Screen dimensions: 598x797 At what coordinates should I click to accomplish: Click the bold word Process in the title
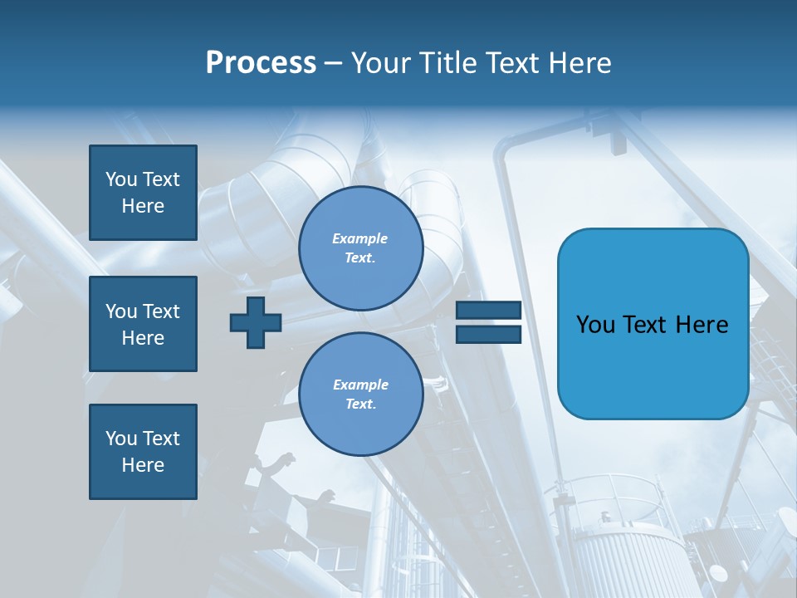pos(261,63)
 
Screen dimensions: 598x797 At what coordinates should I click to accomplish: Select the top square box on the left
pos(143,193)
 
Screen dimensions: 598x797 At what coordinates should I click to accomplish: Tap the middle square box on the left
pos(143,324)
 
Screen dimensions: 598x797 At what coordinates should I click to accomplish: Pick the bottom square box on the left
pos(143,452)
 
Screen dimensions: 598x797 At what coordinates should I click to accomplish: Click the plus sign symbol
pos(256,322)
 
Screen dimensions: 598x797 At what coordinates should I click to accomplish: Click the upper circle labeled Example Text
pos(360,248)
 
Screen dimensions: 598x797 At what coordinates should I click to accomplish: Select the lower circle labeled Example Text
pos(360,395)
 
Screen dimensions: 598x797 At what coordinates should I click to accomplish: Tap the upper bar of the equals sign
pos(488,311)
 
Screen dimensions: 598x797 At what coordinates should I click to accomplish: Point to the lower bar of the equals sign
pos(488,334)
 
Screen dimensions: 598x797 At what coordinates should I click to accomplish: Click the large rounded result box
pos(653,365)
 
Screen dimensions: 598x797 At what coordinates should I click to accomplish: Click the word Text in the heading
pos(515,63)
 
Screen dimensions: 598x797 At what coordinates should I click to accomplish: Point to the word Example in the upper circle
pos(360,238)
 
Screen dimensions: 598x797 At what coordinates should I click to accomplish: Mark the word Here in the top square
pos(143,206)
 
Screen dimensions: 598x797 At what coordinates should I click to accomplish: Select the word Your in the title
pos(383,63)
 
